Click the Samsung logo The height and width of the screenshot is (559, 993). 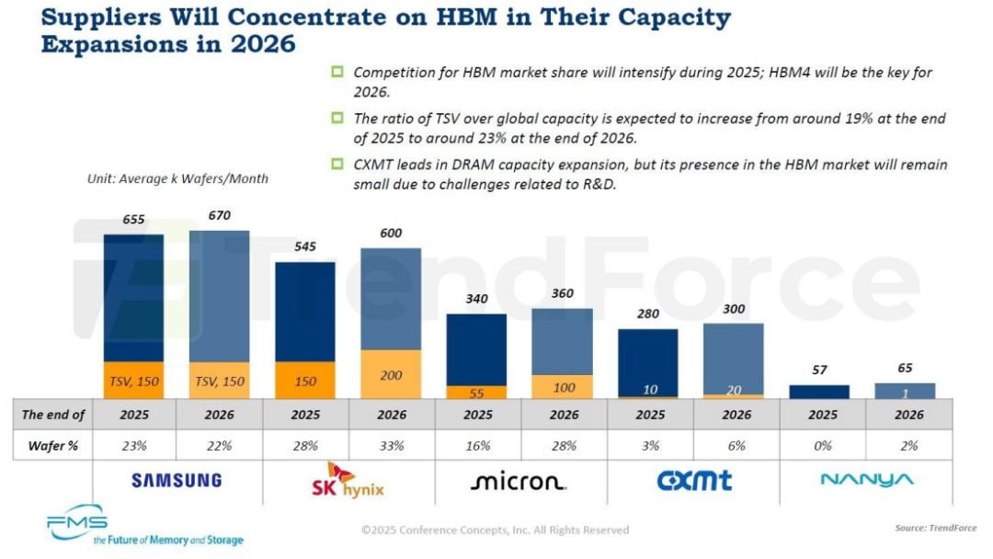177,480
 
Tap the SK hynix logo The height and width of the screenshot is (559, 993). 348,480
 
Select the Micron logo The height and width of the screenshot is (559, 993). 519,482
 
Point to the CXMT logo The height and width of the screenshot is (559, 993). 694,480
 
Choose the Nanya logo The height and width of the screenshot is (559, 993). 867,480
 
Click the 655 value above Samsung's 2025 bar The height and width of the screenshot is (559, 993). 134,220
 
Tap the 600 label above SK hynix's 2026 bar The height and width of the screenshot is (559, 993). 392,234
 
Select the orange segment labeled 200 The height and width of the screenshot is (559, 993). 392,374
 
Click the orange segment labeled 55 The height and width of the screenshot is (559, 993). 477,392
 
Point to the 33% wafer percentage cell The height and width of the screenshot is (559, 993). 392,446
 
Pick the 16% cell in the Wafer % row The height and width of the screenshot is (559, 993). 477,446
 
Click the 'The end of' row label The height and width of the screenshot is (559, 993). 53,415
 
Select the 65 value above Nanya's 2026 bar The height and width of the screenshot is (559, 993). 906,368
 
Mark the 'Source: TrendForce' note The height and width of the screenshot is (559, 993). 935,528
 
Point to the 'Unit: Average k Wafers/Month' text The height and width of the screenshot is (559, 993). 177,179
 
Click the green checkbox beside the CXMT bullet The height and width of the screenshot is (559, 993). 337,165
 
